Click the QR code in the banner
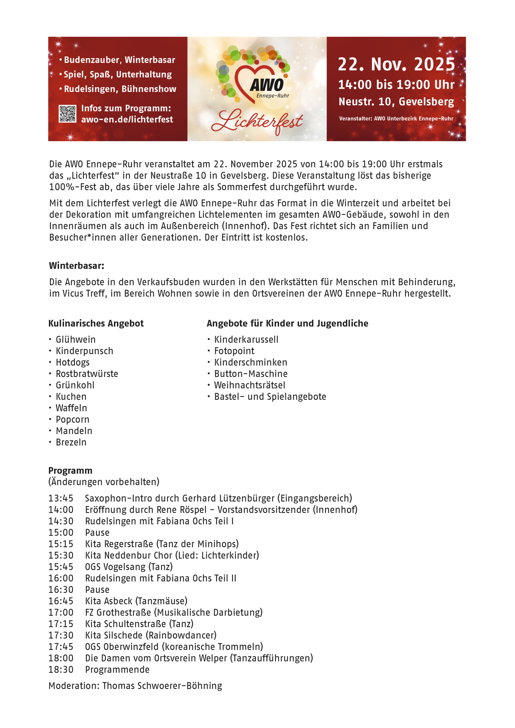point(67,113)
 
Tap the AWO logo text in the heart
point(267,85)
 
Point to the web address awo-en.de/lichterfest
point(127,119)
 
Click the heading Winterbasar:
point(77,265)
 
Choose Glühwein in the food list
point(75,339)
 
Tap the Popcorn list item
point(72,419)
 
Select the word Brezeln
point(71,442)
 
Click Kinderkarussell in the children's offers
point(246,339)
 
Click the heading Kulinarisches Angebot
point(96,323)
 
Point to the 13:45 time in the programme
point(61,498)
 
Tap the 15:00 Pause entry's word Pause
point(97,532)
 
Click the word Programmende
point(117,669)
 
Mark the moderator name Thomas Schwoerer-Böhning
point(162,686)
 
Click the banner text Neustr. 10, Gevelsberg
point(396,102)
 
